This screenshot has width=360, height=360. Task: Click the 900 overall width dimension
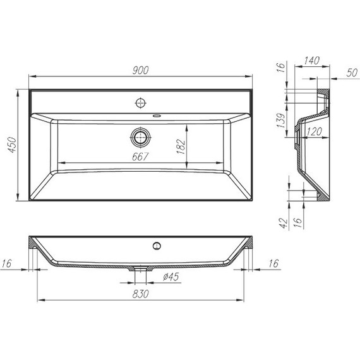pyautogui.click(x=141, y=70)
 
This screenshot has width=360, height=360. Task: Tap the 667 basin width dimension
pyautogui.click(x=140, y=157)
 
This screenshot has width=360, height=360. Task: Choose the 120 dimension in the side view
pyautogui.click(x=313, y=132)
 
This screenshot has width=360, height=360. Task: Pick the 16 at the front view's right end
pyautogui.click(x=273, y=263)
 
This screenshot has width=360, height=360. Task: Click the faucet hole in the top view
pyautogui.click(x=140, y=101)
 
